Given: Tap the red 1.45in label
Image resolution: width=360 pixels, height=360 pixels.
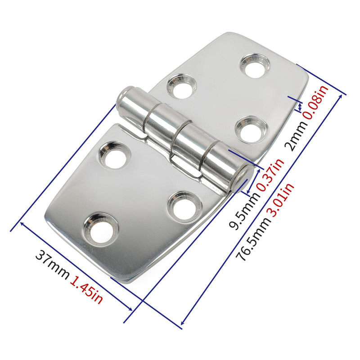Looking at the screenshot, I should pyautogui.click(x=86, y=290).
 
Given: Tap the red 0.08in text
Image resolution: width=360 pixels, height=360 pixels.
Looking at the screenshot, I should pyautogui.click(x=317, y=102).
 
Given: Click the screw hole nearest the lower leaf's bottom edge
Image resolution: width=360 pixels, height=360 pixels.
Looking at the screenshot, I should pyautogui.click(x=102, y=229).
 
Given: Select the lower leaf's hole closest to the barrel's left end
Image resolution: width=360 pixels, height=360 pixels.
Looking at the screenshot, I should pyautogui.click(x=113, y=155).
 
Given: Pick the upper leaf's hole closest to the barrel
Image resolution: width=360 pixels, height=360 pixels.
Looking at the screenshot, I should pyautogui.click(x=181, y=86).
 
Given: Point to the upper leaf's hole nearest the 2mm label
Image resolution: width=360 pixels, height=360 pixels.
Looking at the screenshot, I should pyautogui.click(x=251, y=129).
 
